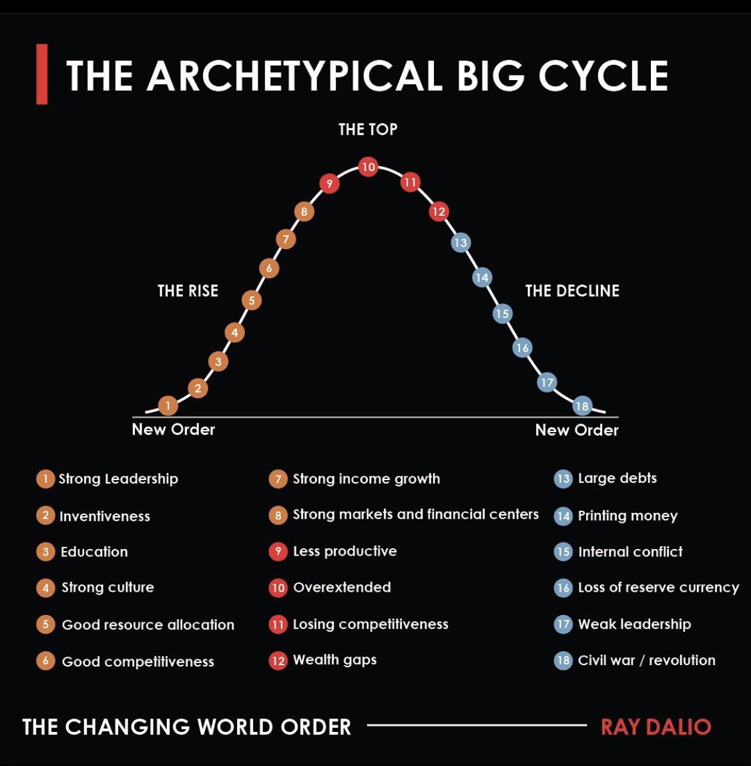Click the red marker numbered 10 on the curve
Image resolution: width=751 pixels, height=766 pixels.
pyautogui.click(x=368, y=167)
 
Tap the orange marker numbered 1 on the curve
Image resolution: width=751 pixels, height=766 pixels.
pyautogui.click(x=168, y=405)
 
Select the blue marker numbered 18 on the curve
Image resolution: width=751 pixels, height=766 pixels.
pyautogui.click(x=582, y=405)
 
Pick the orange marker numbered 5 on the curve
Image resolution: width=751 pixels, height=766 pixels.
pyautogui.click(x=252, y=301)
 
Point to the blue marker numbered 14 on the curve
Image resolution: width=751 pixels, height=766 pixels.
pyautogui.click(x=482, y=277)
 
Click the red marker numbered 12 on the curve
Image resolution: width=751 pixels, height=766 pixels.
pyautogui.click(x=439, y=212)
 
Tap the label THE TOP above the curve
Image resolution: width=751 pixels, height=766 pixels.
pyautogui.click(x=368, y=129)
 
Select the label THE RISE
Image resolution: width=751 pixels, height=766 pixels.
pyautogui.click(x=188, y=291)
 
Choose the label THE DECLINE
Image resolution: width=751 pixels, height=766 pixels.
pyautogui.click(x=572, y=291)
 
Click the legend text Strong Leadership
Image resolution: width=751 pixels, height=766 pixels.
pyautogui.click(x=118, y=479)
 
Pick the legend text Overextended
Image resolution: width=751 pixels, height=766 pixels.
pyautogui.click(x=342, y=588)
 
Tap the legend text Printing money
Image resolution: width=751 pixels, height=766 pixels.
pyautogui.click(x=628, y=516)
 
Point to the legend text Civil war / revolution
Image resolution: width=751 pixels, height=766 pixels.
pyautogui.click(x=646, y=660)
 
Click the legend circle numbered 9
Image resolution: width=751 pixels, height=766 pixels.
pyautogui.click(x=278, y=552)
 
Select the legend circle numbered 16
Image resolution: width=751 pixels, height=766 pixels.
pyautogui.click(x=563, y=588)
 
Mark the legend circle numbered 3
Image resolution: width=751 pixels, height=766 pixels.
pyautogui.click(x=45, y=552)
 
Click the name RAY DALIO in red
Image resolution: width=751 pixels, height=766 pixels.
pyautogui.click(x=656, y=727)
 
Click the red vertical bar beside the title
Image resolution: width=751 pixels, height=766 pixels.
pyautogui.click(x=41, y=74)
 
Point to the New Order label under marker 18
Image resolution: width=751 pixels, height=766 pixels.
pyautogui.click(x=577, y=430)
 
